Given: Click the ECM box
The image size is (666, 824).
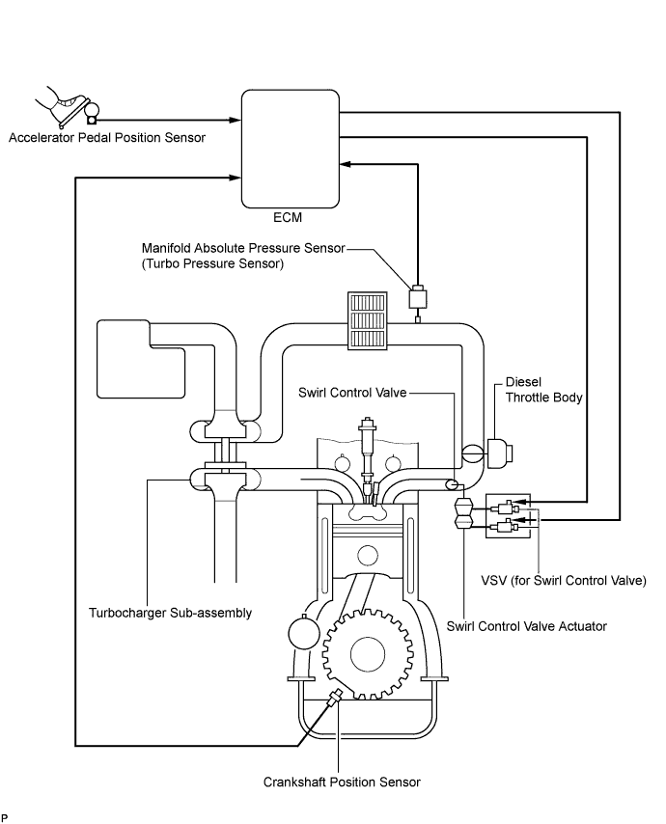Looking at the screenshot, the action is coord(291,149).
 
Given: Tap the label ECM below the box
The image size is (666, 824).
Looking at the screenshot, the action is coord(288,217).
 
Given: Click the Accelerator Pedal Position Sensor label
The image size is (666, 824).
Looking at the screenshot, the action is coord(107,138).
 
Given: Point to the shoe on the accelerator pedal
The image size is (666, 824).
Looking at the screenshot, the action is coord(60,103).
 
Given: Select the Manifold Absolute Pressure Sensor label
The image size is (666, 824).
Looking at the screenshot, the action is coord(243,248).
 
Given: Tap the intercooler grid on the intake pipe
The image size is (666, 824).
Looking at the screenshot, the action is coord(367,320).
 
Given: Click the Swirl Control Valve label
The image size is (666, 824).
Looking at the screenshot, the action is coord(352,393).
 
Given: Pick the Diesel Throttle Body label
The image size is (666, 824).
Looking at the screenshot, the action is coord(544,390).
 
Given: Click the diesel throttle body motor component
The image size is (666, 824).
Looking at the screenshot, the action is coord(499,453).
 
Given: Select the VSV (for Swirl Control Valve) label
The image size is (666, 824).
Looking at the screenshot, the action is coord(564,580).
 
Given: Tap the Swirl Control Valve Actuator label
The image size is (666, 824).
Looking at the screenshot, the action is coord(527,626).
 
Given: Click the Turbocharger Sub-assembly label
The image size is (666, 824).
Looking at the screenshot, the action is coord(170,613).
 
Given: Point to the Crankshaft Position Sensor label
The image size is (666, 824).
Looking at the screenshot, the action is coord(342,782).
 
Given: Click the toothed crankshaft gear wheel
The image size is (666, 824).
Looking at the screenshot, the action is coord(367,654).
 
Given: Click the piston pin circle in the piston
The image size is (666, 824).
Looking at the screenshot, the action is coord(367,556).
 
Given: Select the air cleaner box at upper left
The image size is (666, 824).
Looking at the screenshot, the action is coord(141,360).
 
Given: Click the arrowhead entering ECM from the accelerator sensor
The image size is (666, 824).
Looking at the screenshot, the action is coord(236,121).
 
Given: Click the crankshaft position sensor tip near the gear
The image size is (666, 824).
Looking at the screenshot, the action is coord(340,693).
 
